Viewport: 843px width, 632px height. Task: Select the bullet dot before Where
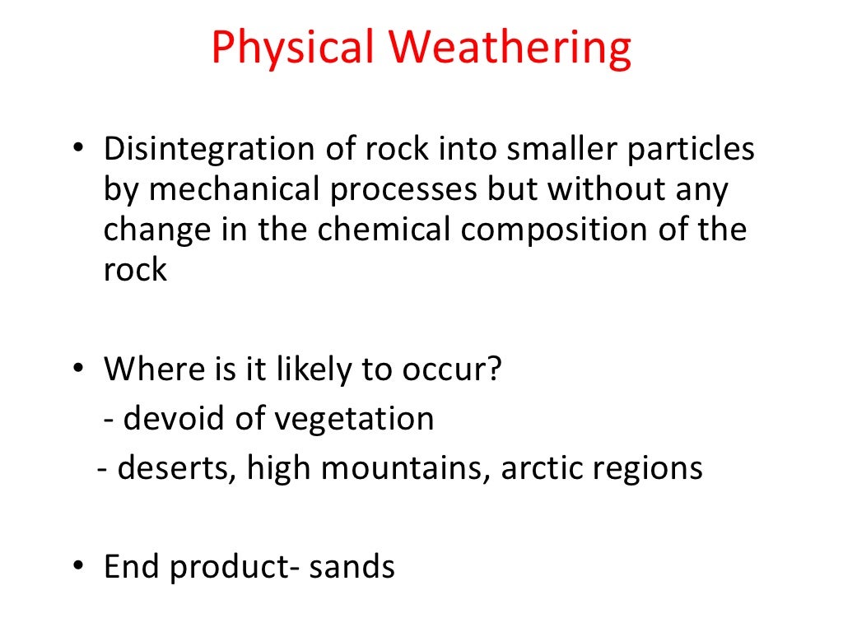pos(77,369)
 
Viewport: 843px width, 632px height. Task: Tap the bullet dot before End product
pos(77,567)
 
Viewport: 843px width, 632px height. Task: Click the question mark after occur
pos(492,369)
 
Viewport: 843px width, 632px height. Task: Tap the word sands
pos(352,567)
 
